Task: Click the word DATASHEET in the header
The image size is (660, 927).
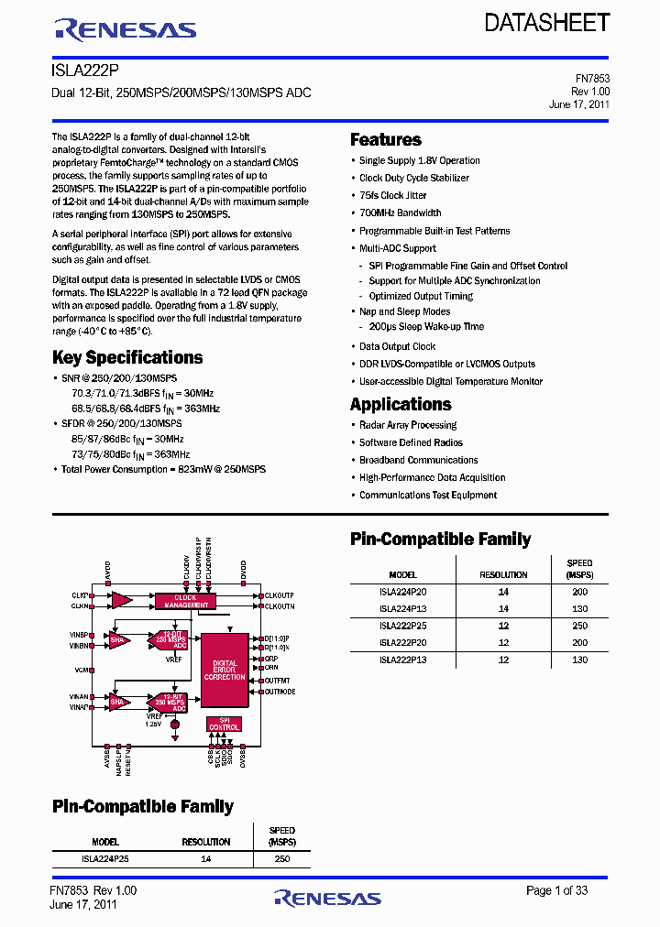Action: (x=547, y=23)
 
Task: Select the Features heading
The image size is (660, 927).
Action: (x=386, y=140)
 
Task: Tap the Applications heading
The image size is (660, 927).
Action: (x=401, y=405)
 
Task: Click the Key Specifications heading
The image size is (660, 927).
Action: (x=127, y=358)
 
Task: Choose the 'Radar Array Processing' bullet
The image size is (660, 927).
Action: (x=408, y=425)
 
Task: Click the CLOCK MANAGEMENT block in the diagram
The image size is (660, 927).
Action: (x=186, y=601)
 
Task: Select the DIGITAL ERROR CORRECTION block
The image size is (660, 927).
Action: (x=225, y=670)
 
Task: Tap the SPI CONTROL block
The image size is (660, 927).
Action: (x=224, y=724)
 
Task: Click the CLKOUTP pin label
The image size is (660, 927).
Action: (x=280, y=595)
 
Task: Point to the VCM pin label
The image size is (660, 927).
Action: (x=82, y=670)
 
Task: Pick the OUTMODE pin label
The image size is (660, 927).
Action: (x=280, y=692)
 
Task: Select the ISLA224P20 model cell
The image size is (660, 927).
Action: (x=402, y=592)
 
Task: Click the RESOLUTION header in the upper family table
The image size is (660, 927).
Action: (x=503, y=574)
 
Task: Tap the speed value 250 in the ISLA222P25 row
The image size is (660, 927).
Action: (x=579, y=626)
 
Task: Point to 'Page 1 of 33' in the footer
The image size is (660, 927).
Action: (x=556, y=890)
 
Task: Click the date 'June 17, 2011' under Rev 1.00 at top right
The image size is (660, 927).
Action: (x=579, y=104)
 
